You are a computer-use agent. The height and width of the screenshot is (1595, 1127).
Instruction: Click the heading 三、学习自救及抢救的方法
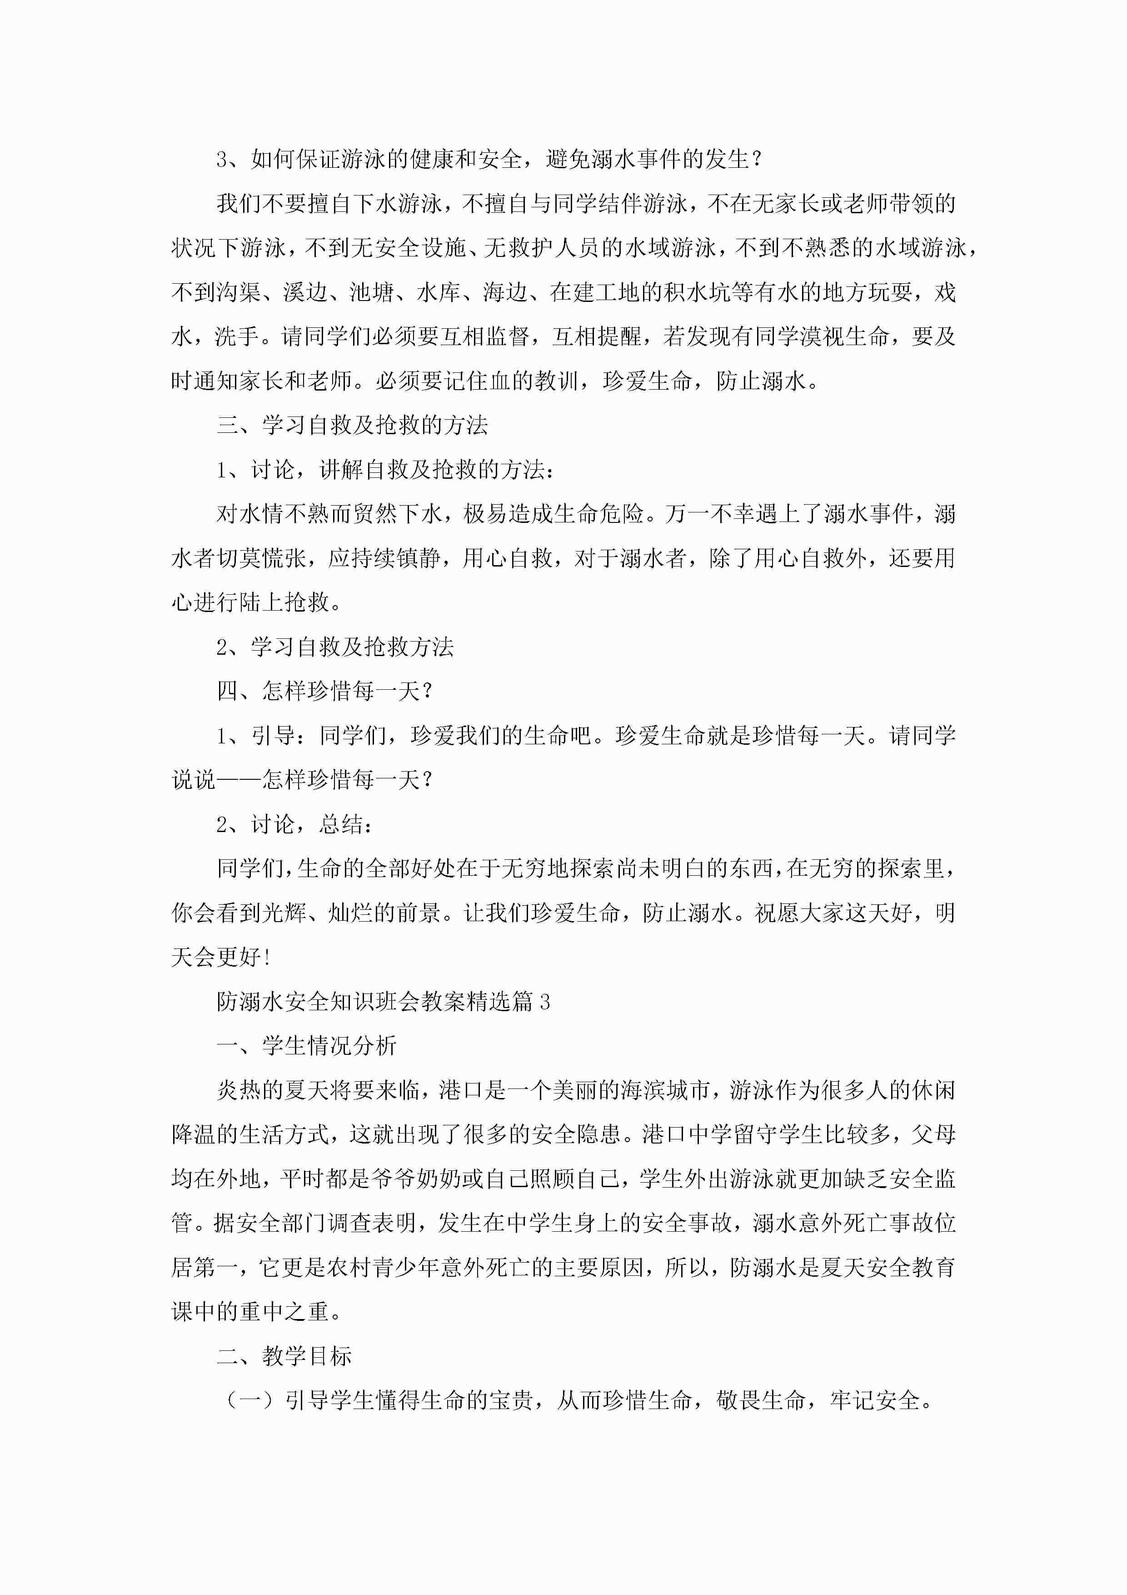pyautogui.click(x=352, y=425)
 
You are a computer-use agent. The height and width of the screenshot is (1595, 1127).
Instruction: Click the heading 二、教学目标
pyautogui.click(x=284, y=1357)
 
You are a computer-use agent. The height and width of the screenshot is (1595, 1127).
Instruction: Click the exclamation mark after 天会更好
pyautogui.click(x=267, y=958)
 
